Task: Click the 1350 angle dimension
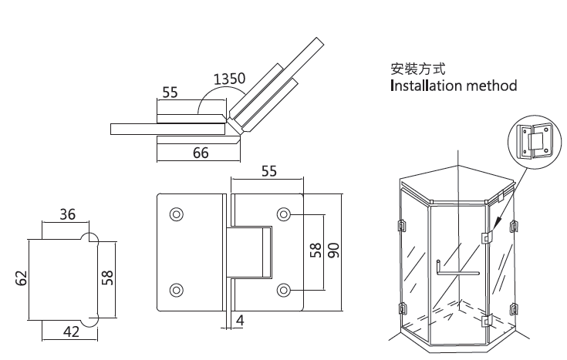229,79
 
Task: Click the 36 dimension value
67,215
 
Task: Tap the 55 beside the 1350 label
170,93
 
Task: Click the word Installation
427,85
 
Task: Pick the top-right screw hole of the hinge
284,213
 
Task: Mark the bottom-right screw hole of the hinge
284,290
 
